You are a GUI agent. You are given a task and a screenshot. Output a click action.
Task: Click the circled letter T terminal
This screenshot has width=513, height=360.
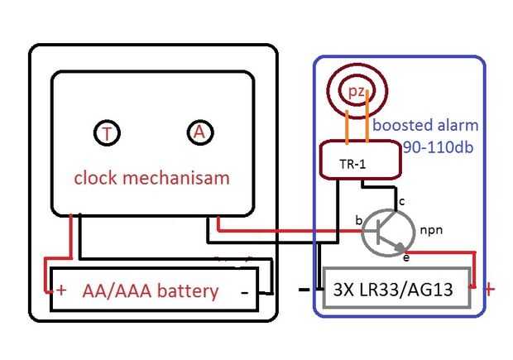(x=106, y=133)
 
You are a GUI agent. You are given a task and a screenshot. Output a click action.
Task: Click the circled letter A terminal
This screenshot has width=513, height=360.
(x=198, y=132)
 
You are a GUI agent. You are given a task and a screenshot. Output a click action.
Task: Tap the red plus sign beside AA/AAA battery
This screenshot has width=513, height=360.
(x=60, y=290)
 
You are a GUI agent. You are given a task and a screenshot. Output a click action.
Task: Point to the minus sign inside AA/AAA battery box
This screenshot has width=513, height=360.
(x=245, y=291)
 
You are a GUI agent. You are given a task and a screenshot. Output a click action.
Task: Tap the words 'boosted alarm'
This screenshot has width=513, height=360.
(x=425, y=127)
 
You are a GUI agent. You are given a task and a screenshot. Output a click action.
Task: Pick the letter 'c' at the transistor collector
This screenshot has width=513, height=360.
(x=402, y=201)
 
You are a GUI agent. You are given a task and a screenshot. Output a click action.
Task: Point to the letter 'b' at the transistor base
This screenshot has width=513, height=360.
(x=358, y=221)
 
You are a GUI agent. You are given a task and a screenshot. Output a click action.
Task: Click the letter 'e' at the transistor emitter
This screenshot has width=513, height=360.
(x=405, y=259)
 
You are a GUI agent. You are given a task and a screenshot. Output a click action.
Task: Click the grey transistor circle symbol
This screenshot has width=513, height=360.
(x=386, y=231)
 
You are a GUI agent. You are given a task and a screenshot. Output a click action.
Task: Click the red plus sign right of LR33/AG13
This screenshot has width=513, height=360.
(x=490, y=290)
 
